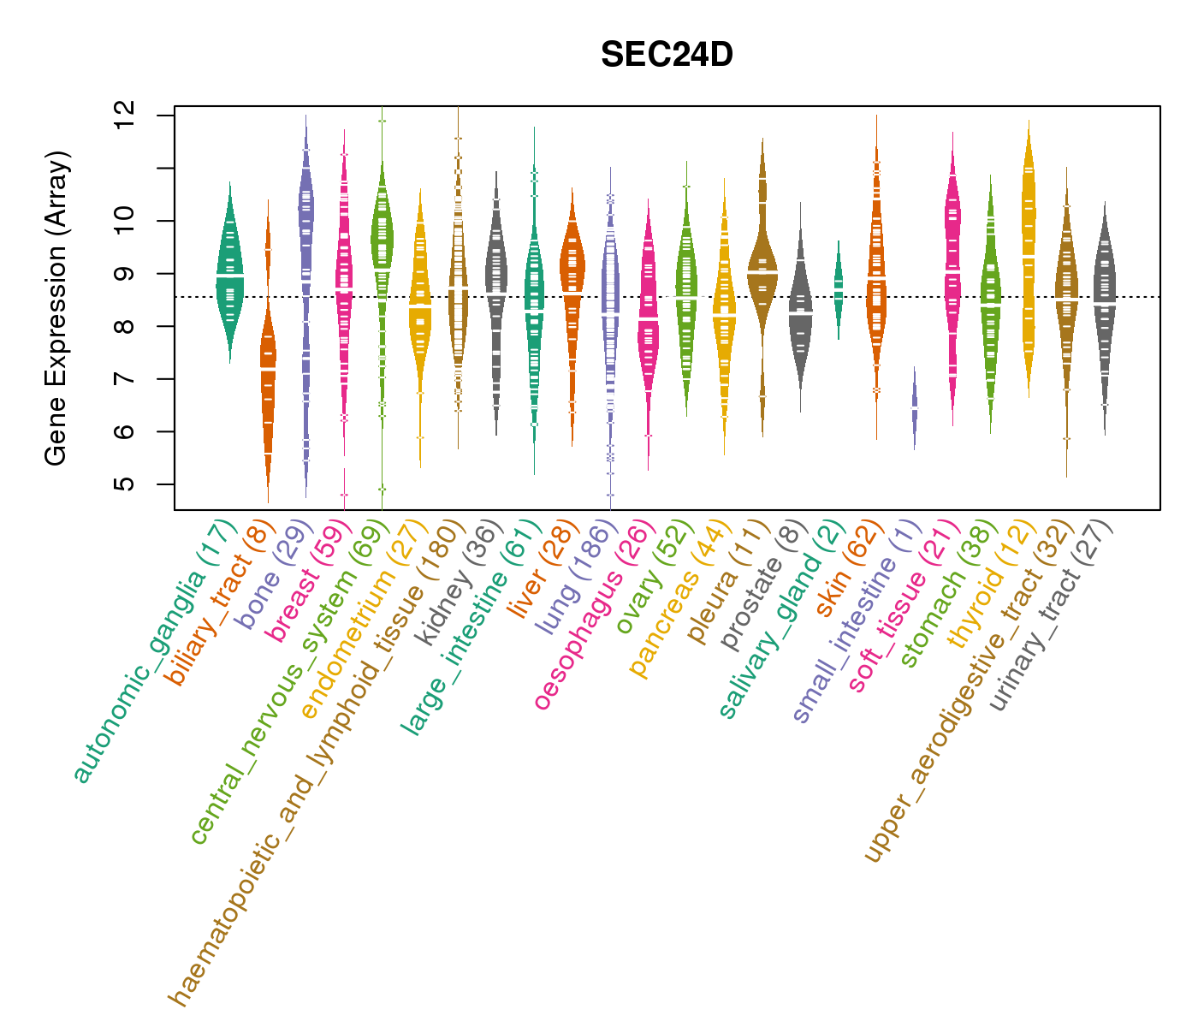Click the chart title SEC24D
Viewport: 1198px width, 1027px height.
point(667,56)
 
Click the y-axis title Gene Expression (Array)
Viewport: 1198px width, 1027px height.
point(56,309)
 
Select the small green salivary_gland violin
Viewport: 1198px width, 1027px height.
point(839,289)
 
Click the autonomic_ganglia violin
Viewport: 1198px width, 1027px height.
point(229,274)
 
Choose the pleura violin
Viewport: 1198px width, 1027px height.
point(762,265)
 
